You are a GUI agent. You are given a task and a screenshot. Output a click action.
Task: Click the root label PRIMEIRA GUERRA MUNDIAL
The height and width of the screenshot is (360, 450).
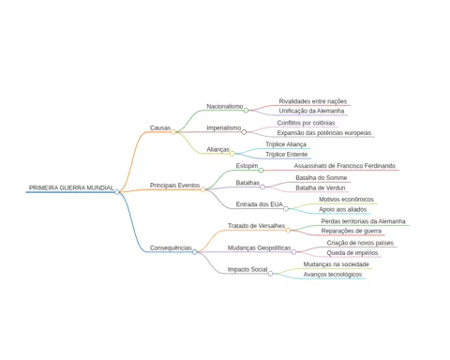click(x=71, y=187)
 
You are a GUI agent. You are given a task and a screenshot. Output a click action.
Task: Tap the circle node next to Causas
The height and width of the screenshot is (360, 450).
click(x=173, y=132)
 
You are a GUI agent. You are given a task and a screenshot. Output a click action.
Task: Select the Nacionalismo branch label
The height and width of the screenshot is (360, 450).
click(x=225, y=106)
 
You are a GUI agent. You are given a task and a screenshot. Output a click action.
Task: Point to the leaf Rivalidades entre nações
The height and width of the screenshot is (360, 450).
click(x=313, y=101)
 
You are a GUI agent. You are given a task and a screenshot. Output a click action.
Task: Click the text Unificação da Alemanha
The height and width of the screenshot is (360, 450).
click(x=311, y=111)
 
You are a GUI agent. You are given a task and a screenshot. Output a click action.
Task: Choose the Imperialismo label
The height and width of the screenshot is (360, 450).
click(x=224, y=127)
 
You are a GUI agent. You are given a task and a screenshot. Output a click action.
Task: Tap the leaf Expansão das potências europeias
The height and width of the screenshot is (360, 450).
click(x=324, y=133)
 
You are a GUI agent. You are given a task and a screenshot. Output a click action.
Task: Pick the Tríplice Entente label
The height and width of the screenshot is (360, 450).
click(x=287, y=155)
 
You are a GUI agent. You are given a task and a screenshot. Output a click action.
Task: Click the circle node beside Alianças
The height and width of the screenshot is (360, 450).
click(x=232, y=154)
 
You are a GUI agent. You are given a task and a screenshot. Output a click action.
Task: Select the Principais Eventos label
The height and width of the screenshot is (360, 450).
click(x=174, y=186)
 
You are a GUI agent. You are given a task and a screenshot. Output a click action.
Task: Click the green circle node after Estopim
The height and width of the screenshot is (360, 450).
click(x=261, y=171)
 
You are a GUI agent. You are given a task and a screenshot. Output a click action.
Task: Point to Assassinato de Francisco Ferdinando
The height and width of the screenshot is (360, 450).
click(x=345, y=166)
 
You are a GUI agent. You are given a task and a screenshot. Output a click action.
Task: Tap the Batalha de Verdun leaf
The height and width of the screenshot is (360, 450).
click(x=321, y=187)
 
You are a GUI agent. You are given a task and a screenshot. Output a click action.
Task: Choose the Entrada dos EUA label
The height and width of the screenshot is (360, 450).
click(x=260, y=204)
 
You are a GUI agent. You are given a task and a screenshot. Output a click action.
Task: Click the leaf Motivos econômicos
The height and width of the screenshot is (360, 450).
click(x=346, y=200)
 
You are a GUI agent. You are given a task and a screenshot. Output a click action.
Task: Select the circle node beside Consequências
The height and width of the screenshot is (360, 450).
click(x=195, y=252)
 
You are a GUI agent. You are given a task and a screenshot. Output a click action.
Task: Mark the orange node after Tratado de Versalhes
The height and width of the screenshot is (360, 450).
click(x=288, y=231)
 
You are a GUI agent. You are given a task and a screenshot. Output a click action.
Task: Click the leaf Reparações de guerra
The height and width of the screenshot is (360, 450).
click(x=352, y=231)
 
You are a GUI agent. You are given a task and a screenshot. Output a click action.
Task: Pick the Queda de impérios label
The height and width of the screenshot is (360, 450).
click(x=352, y=253)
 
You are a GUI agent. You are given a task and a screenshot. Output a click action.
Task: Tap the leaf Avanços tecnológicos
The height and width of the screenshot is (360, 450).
click(x=333, y=275)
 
